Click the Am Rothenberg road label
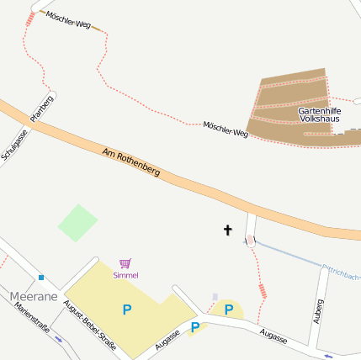(x=130, y=163)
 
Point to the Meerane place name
(x=34, y=297)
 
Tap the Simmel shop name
(x=125, y=275)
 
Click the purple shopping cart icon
(x=125, y=263)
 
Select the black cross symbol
(x=227, y=230)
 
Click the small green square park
(x=77, y=223)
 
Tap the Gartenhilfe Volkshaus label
(x=319, y=115)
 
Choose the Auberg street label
(x=318, y=311)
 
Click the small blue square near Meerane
(x=40, y=277)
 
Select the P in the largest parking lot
(x=127, y=310)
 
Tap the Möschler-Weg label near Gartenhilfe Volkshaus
(x=226, y=129)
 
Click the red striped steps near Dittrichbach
(x=263, y=291)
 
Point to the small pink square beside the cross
(x=251, y=241)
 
